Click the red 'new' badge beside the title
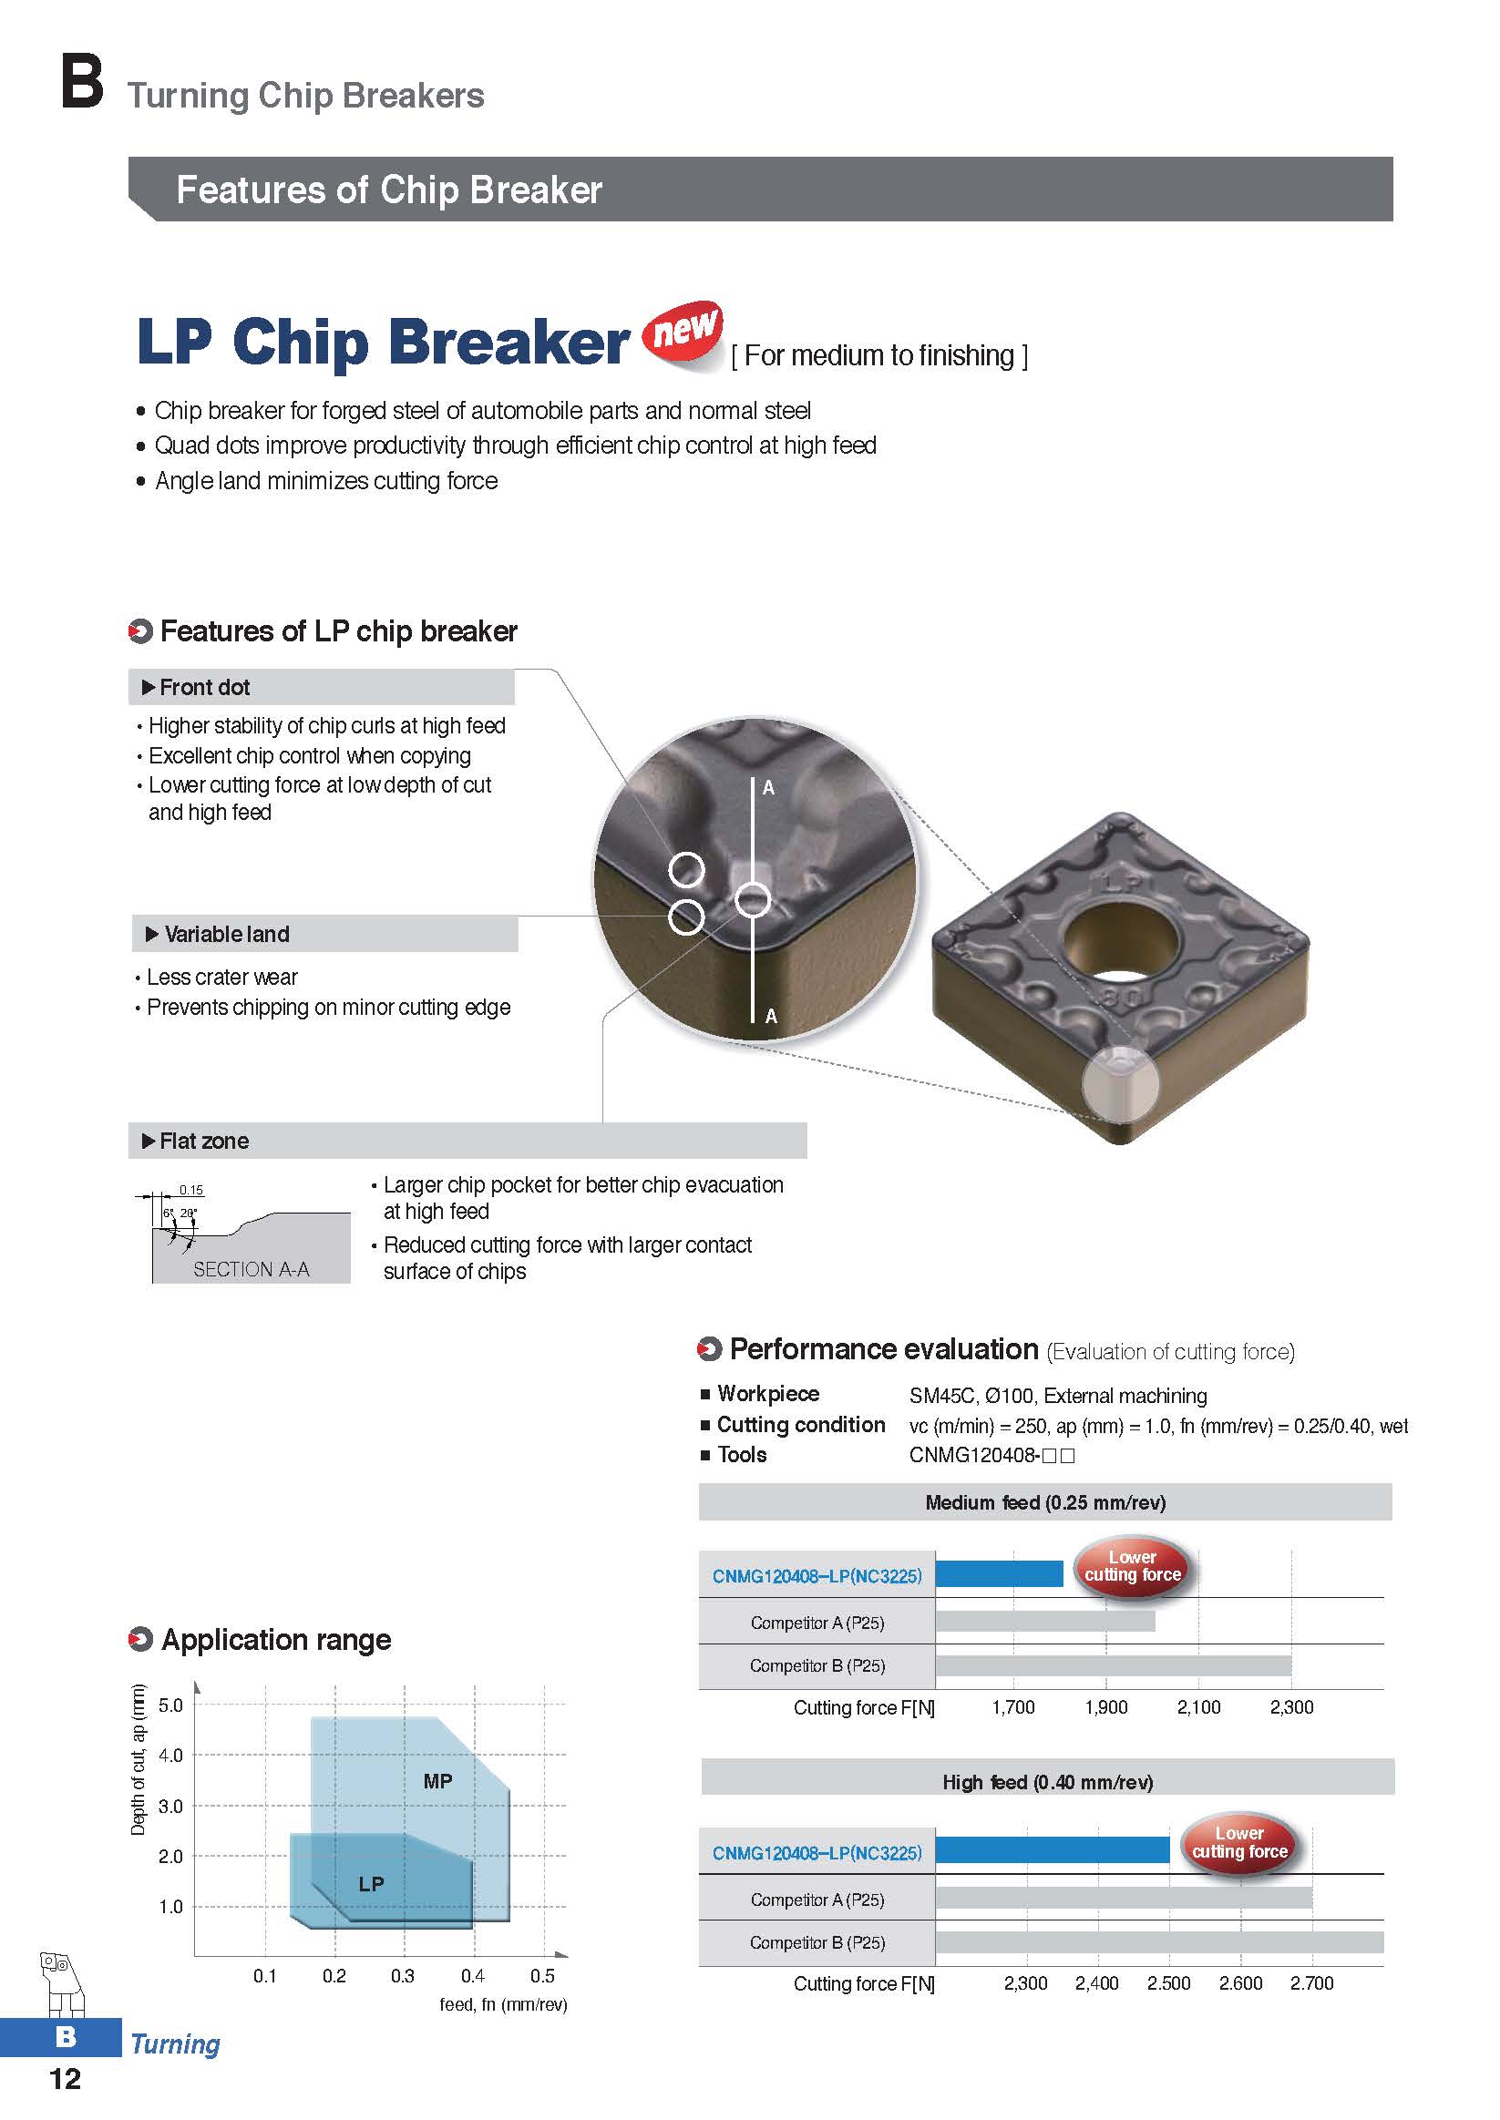[x=684, y=332]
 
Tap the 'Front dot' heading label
[x=204, y=687]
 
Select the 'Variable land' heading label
[x=226, y=935]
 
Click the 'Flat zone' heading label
[x=204, y=1142]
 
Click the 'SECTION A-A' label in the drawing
[x=252, y=1270]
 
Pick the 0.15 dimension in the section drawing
[x=191, y=1190]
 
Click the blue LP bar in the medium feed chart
[x=999, y=1573]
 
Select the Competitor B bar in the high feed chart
[x=1159, y=1942]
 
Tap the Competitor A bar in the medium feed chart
[x=1044, y=1622]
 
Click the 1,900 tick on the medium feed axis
[x=1106, y=1707]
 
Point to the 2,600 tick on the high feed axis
[x=1240, y=1983]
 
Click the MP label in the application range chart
[x=437, y=1781]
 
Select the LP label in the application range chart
[x=371, y=1884]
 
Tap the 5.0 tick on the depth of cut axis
[x=171, y=1705]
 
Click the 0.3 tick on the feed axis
[x=403, y=1976]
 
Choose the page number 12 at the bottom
[x=65, y=2078]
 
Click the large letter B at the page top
[x=81, y=83]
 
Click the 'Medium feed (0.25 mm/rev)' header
[x=1045, y=1502]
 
